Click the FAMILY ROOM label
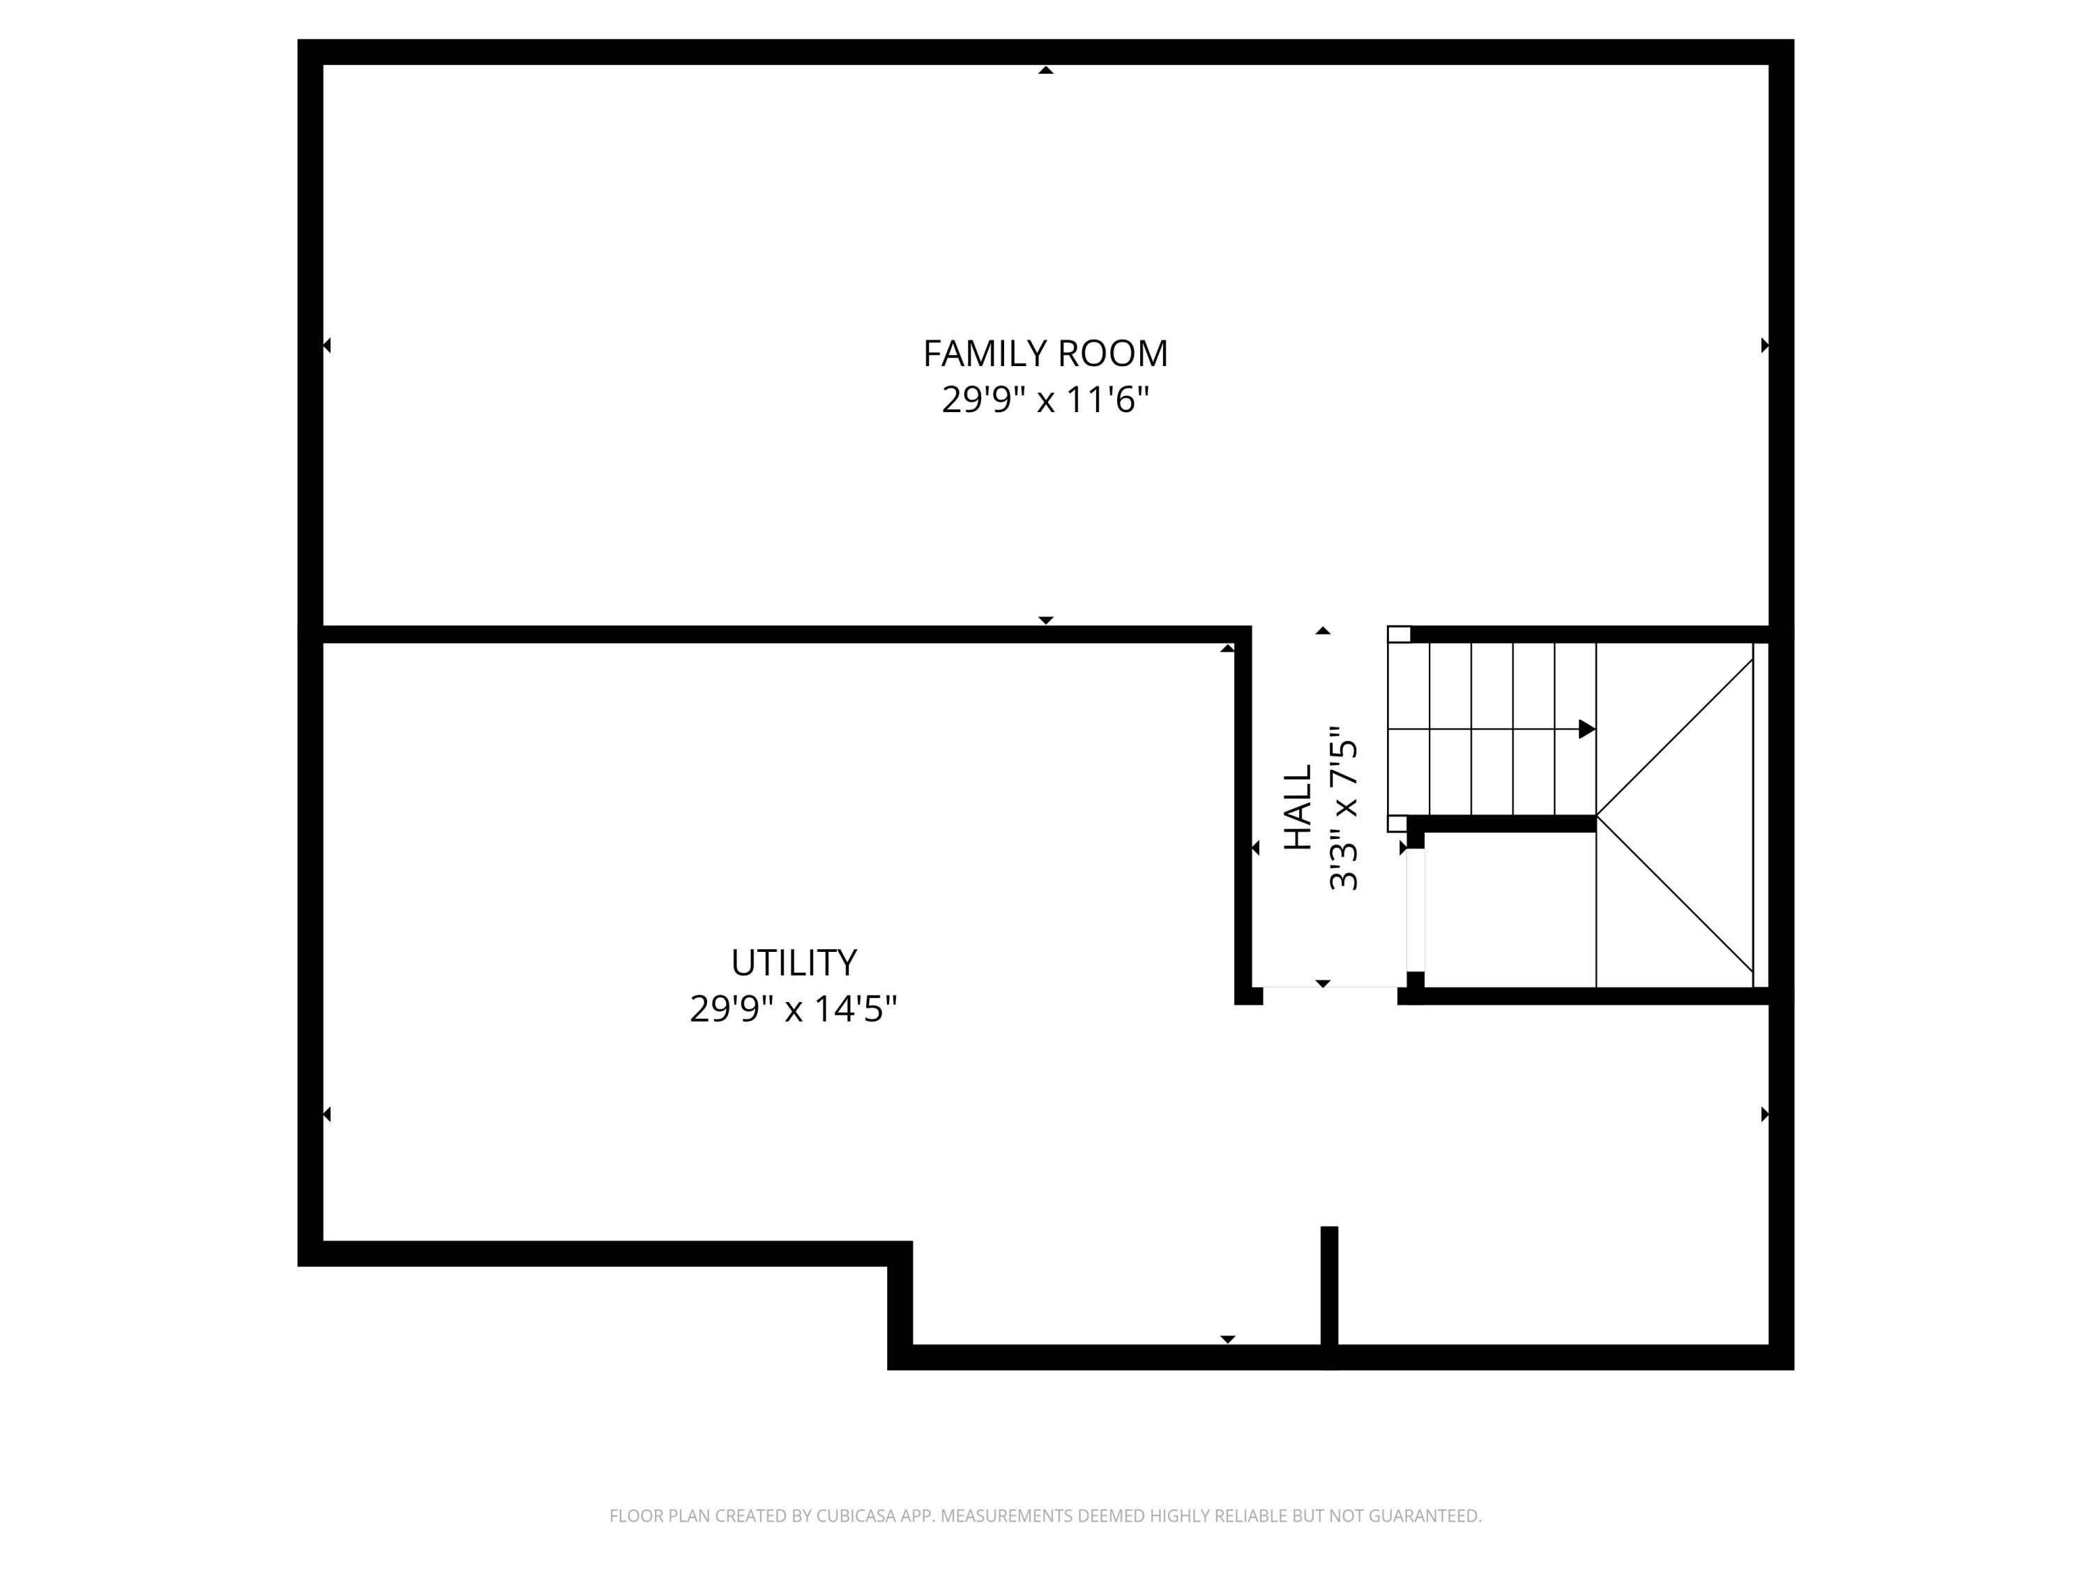1045,354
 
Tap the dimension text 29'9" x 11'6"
1045,400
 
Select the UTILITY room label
794,963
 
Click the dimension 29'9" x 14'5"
793,1009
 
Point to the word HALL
1298,807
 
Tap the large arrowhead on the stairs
1586,729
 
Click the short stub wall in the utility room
1329,1286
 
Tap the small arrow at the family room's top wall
1045,70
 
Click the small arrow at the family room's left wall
327,345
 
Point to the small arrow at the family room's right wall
1764,345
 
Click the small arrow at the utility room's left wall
327,1114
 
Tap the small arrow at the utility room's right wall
1764,1114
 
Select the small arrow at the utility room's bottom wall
1227,1338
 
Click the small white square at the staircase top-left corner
1399,635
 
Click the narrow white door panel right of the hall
1416,910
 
